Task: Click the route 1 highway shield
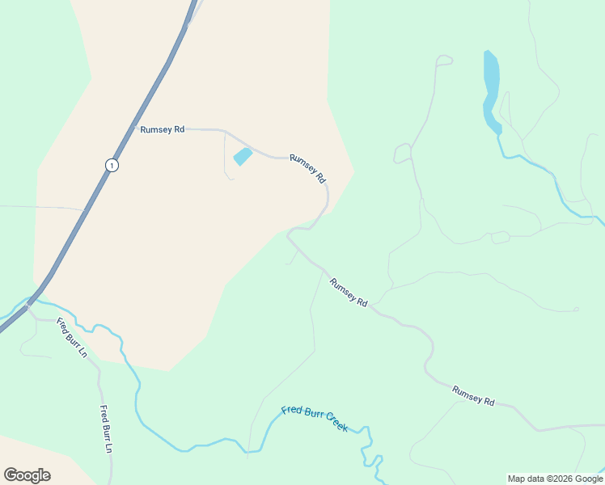coord(112,165)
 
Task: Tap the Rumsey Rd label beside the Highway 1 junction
coord(162,129)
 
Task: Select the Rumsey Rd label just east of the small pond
coord(307,168)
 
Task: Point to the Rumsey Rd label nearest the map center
coord(349,292)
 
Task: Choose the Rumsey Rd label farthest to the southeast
coord(473,395)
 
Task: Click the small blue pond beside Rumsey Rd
coord(243,156)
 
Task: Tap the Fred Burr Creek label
coord(315,418)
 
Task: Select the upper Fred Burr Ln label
coord(71,339)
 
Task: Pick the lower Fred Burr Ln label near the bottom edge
coord(104,428)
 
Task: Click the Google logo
coord(27,474)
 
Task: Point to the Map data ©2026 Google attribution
coord(556,479)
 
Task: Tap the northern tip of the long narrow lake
coord(488,53)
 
